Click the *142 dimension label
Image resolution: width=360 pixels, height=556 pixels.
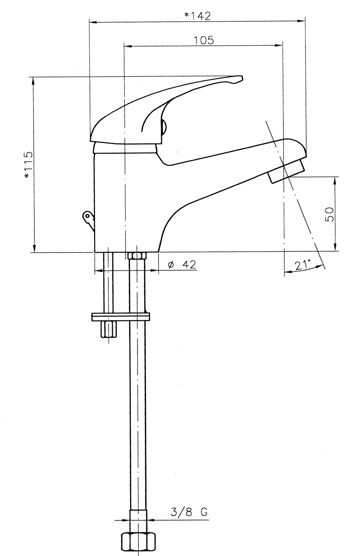(197, 16)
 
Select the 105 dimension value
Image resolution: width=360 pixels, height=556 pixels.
(203, 40)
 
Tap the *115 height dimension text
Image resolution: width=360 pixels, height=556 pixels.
(28, 164)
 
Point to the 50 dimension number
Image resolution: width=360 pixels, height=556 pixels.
(330, 214)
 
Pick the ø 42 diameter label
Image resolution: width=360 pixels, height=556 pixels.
(182, 265)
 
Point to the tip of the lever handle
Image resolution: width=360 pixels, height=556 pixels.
(242, 78)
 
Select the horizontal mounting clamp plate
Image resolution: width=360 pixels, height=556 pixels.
(121, 317)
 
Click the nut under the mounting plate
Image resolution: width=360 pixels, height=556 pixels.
(108, 329)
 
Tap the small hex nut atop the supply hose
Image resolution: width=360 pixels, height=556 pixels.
(137, 256)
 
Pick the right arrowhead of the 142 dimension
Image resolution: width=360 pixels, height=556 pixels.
(301, 22)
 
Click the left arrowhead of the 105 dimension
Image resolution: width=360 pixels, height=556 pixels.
(128, 46)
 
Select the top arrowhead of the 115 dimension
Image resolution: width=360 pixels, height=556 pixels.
(33, 81)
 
